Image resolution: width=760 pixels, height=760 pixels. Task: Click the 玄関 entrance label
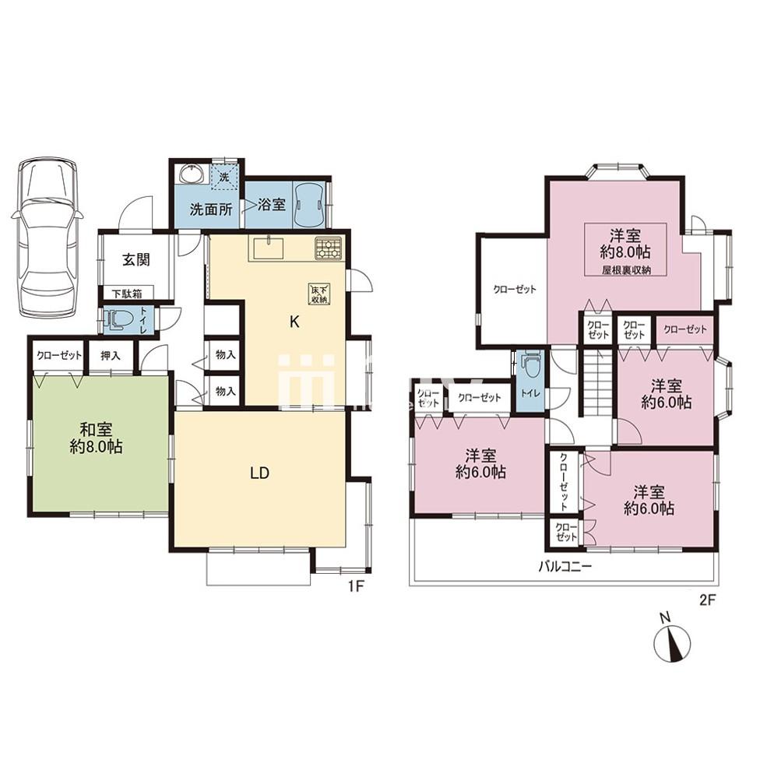pos(135,260)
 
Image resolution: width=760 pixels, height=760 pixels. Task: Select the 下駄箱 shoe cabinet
pos(128,293)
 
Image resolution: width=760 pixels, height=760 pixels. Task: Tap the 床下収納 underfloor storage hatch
pos(319,294)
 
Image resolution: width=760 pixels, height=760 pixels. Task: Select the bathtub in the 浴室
pos(309,204)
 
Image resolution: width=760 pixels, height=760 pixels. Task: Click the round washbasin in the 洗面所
pos(193,174)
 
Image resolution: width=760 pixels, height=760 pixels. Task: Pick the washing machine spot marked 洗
pos(224,177)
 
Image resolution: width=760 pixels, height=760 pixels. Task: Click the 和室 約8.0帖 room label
pos(96,438)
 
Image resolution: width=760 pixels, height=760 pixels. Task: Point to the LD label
pos(260,473)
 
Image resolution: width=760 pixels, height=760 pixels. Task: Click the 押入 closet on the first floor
pos(111,356)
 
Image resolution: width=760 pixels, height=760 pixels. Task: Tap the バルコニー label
pos(565,566)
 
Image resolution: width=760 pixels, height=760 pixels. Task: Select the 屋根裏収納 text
pos(626,270)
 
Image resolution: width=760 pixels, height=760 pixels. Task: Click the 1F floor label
pos(355,586)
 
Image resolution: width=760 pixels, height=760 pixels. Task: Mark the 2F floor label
pos(707,600)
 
